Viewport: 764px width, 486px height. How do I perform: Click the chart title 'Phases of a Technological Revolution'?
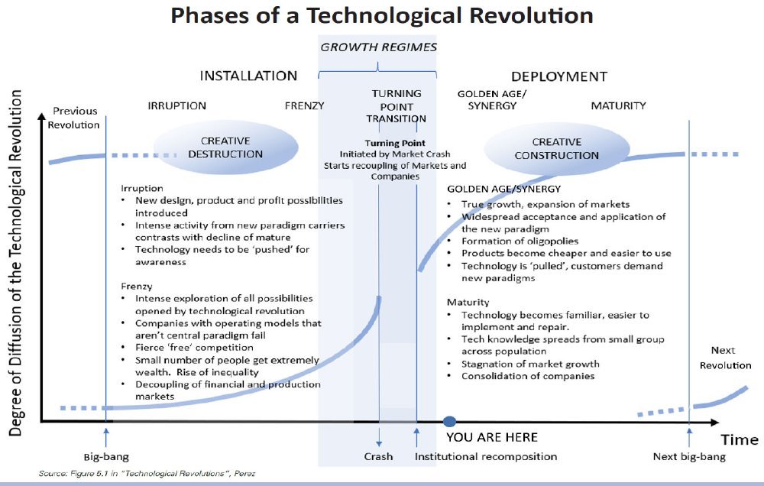tap(382, 15)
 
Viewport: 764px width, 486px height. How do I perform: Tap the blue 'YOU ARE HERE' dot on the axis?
tap(450, 422)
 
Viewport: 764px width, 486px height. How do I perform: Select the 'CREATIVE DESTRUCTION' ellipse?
tap(225, 147)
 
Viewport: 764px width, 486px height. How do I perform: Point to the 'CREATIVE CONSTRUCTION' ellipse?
tap(556, 149)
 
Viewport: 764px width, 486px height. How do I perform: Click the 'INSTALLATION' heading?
tap(248, 76)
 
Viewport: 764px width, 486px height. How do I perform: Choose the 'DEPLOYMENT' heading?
tap(559, 76)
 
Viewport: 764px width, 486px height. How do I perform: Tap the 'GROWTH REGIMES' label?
tap(379, 47)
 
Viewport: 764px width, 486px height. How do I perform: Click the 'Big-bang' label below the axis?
tap(106, 457)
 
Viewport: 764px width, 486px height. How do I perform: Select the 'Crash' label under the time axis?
tap(378, 457)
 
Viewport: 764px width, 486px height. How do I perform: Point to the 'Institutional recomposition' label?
tap(486, 457)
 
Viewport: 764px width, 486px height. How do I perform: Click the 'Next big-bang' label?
tap(689, 457)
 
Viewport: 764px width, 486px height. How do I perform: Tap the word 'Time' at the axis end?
tap(740, 439)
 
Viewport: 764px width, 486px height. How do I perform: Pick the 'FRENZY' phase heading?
tap(305, 105)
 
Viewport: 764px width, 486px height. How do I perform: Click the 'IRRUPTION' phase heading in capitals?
tap(177, 105)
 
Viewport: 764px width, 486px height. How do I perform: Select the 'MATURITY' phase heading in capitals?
tap(618, 105)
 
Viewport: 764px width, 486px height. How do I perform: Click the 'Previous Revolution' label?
tap(73, 118)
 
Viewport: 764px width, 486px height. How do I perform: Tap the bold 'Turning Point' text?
tap(395, 144)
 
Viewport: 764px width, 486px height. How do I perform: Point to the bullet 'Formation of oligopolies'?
tap(520, 241)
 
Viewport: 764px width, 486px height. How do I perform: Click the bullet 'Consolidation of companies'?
tap(528, 376)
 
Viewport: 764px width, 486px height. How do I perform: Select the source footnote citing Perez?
tap(147, 473)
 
